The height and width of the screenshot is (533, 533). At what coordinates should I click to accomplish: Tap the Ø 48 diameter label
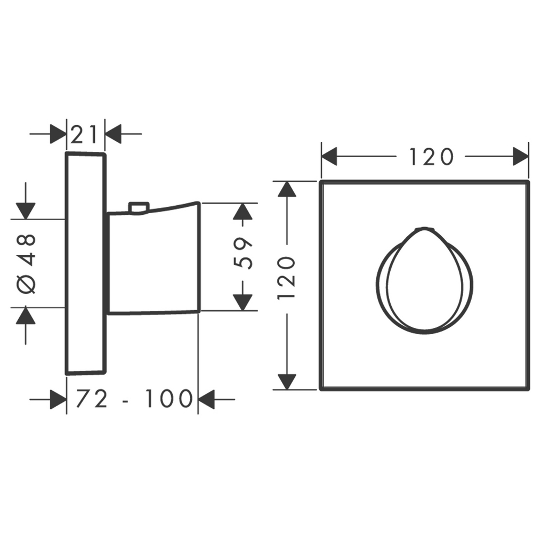[27, 263]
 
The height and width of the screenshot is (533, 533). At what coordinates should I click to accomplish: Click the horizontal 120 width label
[431, 157]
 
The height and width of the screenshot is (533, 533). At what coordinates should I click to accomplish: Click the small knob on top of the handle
[139, 207]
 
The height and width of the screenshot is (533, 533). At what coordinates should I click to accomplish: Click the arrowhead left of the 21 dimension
[58, 134]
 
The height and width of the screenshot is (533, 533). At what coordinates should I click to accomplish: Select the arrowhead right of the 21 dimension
[113, 134]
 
